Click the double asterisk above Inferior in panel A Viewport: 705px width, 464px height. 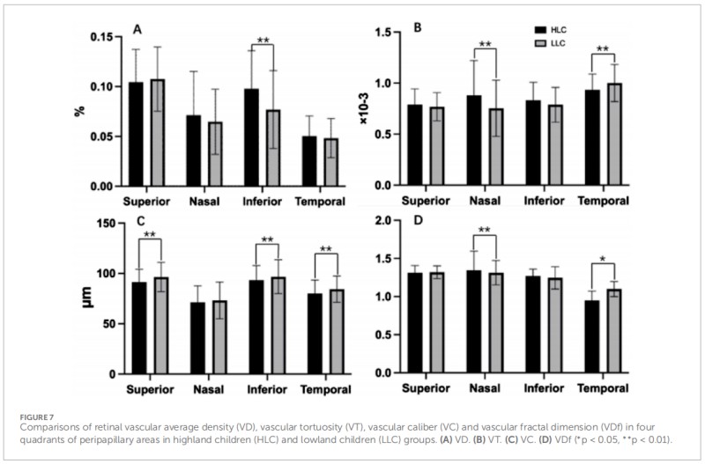(263, 41)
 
